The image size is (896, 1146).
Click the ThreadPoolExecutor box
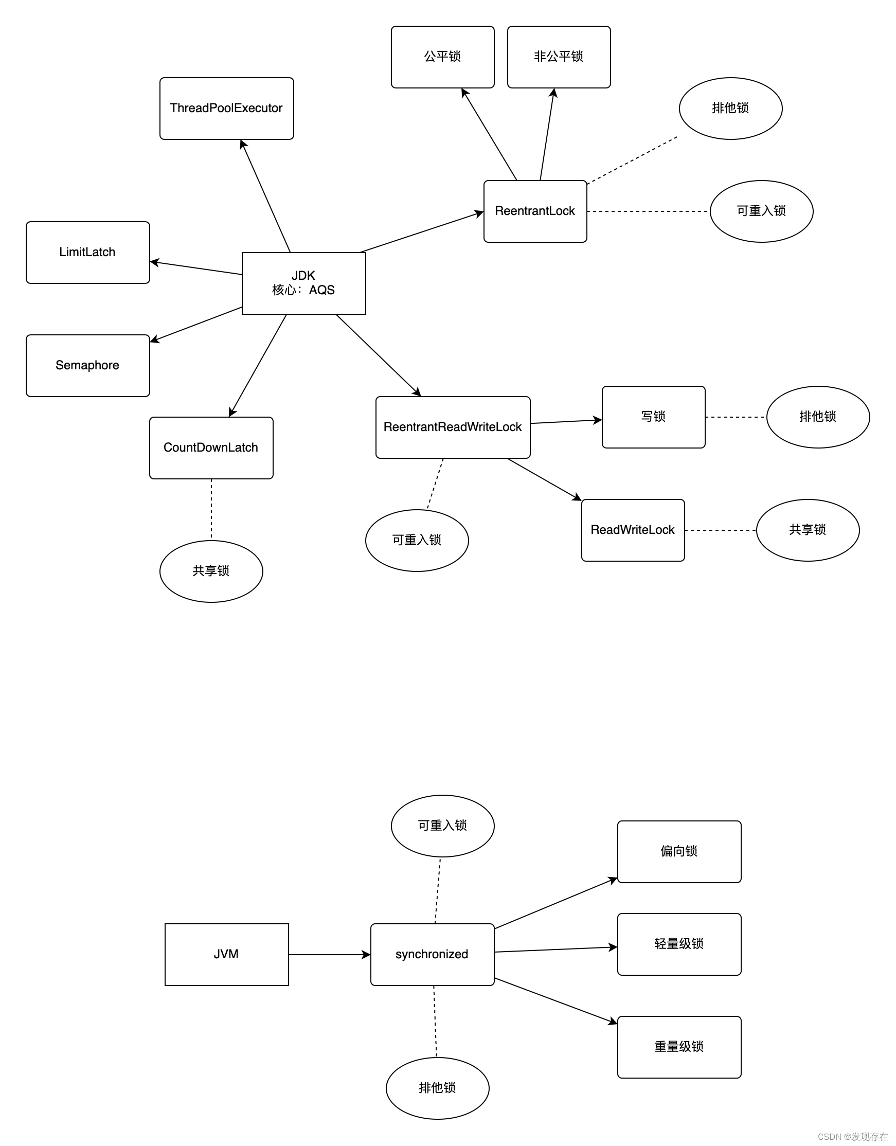click(227, 109)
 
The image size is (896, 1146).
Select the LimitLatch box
click(87, 253)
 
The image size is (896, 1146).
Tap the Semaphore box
click(87, 366)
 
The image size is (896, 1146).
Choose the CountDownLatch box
click(211, 448)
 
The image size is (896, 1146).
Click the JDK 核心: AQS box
click(303, 283)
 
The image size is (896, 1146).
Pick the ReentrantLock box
click(535, 211)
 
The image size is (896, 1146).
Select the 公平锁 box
click(442, 57)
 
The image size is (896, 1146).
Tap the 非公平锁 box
click(559, 57)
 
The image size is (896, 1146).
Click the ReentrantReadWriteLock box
click(453, 427)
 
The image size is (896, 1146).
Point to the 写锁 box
click(653, 417)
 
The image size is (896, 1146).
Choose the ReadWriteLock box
click(633, 530)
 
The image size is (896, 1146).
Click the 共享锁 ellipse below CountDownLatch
click(211, 571)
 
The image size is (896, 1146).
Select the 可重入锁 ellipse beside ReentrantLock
click(761, 211)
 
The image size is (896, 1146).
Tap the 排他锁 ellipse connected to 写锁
click(818, 417)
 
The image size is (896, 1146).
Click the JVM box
click(227, 955)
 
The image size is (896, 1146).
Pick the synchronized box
click(432, 955)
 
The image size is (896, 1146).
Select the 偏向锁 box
click(679, 852)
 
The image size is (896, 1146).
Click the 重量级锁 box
click(679, 1047)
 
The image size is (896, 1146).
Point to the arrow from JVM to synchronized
click(330, 955)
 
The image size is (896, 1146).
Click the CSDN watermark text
click(852, 1137)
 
